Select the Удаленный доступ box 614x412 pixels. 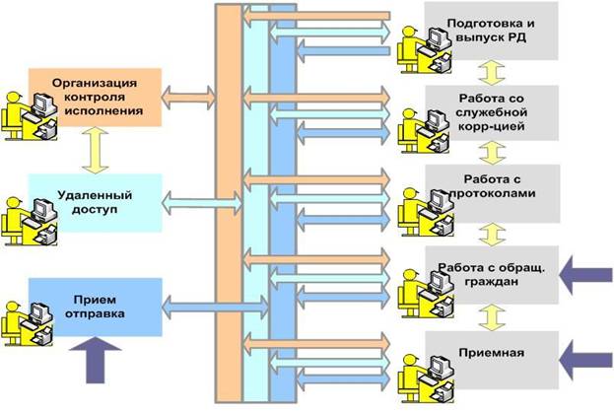pyautogui.click(x=94, y=203)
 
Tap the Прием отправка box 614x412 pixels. pyautogui.click(x=94, y=306)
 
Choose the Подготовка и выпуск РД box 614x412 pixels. pyautogui.click(x=491, y=30)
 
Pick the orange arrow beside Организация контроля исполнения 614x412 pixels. pyautogui.click(x=188, y=97)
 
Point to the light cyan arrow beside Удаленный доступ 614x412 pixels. pyautogui.click(x=201, y=203)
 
